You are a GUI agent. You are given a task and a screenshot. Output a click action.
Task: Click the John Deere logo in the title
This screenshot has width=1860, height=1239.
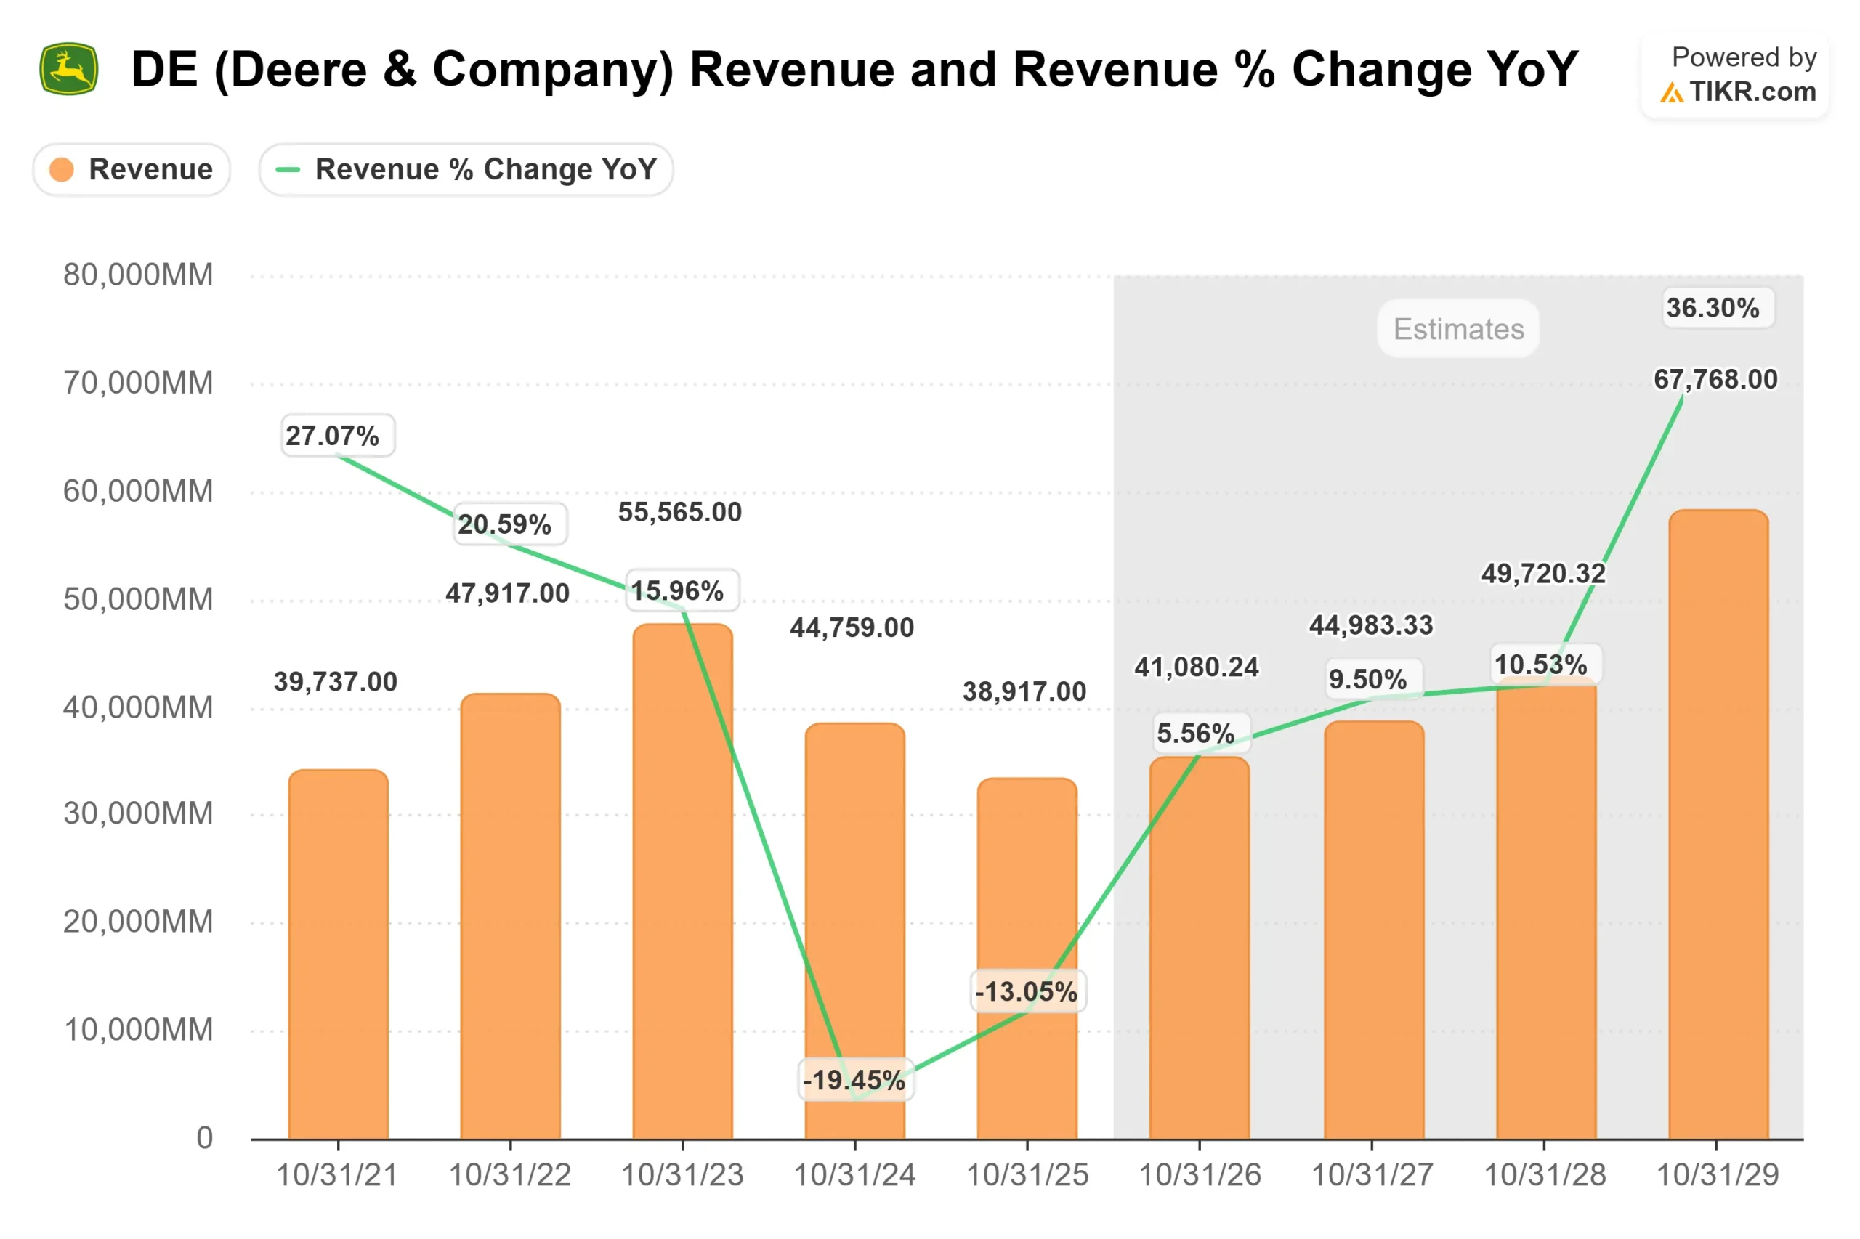(69, 69)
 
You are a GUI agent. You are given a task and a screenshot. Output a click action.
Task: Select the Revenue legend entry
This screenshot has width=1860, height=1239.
(132, 169)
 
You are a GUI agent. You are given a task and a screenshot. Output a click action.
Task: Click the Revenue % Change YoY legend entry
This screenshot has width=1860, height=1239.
(466, 169)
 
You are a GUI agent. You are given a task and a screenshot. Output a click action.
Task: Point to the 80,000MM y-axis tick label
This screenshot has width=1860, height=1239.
(137, 275)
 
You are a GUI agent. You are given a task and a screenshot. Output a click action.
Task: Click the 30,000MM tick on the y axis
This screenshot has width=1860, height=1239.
(137, 813)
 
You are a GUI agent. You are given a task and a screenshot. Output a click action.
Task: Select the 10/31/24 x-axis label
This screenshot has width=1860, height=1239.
(854, 1175)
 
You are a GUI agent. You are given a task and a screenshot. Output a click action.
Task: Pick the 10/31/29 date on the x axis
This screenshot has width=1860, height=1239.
(1716, 1175)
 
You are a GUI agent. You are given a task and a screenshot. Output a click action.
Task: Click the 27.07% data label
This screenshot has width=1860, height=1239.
(332, 435)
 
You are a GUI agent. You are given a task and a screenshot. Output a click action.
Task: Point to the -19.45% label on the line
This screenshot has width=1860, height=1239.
(853, 1079)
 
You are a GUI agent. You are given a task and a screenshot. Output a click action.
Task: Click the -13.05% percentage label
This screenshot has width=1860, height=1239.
(1025, 991)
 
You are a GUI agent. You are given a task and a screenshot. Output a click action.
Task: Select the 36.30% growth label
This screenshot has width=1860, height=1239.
(1713, 307)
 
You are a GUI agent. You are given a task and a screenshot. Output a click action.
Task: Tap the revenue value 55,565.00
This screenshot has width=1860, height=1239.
(679, 512)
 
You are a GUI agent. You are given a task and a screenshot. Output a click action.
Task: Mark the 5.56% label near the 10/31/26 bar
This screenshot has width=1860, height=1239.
(1195, 733)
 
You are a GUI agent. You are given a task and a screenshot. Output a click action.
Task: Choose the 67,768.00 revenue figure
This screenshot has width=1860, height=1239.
(1715, 379)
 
